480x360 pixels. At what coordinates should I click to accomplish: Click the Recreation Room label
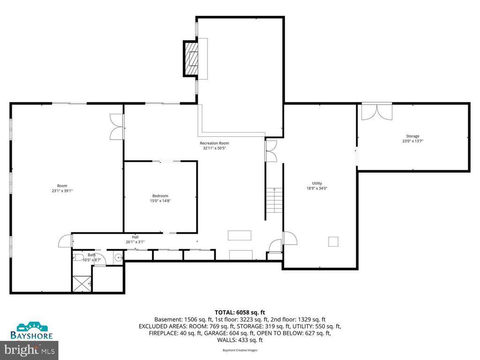[214, 143]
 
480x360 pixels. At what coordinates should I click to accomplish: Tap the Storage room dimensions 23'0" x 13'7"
[413, 141]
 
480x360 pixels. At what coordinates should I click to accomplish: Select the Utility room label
[317, 183]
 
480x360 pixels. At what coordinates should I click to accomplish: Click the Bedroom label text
[160, 196]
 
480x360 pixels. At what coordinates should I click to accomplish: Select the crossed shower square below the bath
[80, 283]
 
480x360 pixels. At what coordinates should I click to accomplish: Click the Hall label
[135, 237]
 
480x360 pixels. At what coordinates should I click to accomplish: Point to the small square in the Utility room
[333, 241]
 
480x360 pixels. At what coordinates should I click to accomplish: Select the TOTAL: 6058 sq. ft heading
[240, 312]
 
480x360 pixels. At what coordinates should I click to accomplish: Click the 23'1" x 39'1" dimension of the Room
[62, 191]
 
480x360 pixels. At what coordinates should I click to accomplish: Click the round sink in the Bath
[119, 257]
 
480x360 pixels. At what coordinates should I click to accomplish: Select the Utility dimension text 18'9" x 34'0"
[317, 188]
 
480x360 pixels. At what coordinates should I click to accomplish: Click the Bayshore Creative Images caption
[240, 350]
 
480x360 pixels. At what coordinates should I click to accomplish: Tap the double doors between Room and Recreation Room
[116, 127]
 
